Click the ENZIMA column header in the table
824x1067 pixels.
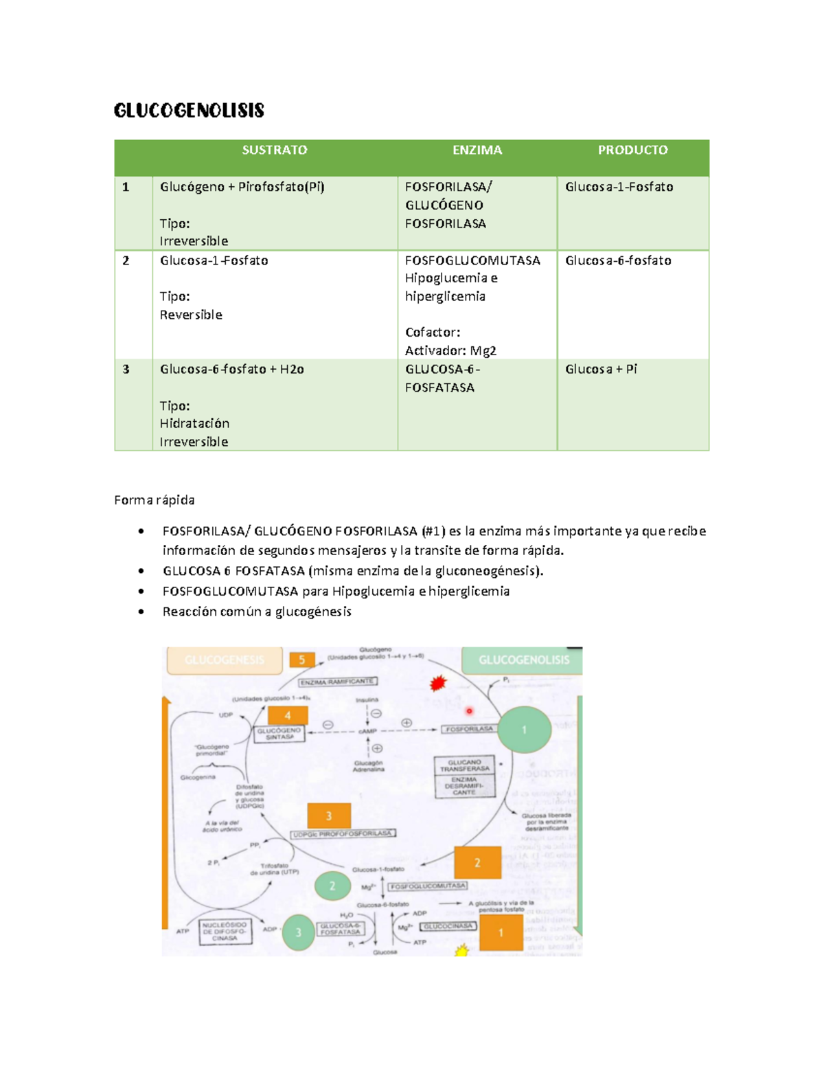pyautogui.click(x=477, y=150)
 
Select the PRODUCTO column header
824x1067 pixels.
pyautogui.click(x=632, y=150)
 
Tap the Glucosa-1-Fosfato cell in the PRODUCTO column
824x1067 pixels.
pyautogui.click(x=619, y=187)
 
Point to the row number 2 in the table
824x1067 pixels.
pyautogui.click(x=126, y=260)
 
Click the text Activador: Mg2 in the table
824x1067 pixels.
pyautogui.click(x=450, y=350)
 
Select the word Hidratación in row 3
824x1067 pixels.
pyautogui.click(x=194, y=423)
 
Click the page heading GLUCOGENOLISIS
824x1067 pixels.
pyautogui.click(x=189, y=111)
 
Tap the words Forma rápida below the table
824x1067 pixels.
pyautogui.click(x=154, y=500)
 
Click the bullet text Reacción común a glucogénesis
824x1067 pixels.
pyautogui.click(x=257, y=611)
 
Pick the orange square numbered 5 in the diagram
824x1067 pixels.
pyautogui.click(x=301, y=660)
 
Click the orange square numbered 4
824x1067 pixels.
pyautogui.click(x=288, y=715)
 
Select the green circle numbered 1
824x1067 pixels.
pyautogui.click(x=524, y=730)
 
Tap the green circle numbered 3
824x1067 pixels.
pyautogui.click(x=298, y=932)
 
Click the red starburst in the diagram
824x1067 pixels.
pyautogui.click(x=437, y=683)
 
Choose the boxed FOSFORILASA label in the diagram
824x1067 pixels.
pyautogui.click(x=470, y=729)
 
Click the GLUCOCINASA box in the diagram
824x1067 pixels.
pyautogui.click(x=448, y=926)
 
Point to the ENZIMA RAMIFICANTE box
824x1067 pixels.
pyautogui.click(x=337, y=682)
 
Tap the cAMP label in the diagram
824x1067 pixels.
pyautogui.click(x=368, y=731)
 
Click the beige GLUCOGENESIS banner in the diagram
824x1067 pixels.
pyautogui.click(x=225, y=660)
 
